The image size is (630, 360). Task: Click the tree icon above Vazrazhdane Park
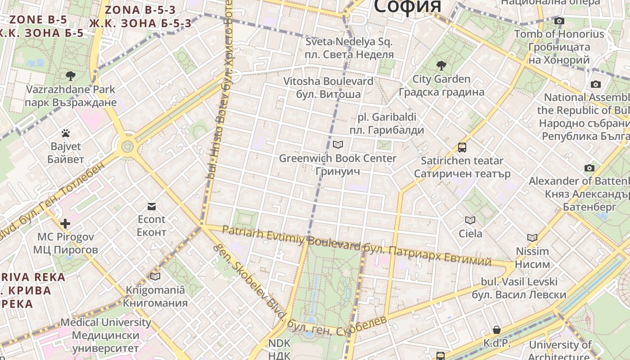[70, 76]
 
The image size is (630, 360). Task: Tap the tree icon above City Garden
[441, 66]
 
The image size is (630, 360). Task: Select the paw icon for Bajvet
[66, 133]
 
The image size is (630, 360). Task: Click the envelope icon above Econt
[152, 206]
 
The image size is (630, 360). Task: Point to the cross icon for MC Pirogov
[65, 223]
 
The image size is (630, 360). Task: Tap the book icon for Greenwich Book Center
[337, 144]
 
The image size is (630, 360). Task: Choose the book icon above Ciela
[470, 220]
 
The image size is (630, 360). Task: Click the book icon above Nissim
[532, 238]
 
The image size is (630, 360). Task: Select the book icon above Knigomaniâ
[155, 276]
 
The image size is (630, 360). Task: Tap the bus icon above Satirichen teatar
[462, 147]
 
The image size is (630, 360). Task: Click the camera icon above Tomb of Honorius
[559, 21]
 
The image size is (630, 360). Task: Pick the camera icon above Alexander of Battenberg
[589, 168]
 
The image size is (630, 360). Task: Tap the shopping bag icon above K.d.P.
[497, 330]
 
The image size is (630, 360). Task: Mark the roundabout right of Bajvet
[128, 146]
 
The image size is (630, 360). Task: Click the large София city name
[407, 6]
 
